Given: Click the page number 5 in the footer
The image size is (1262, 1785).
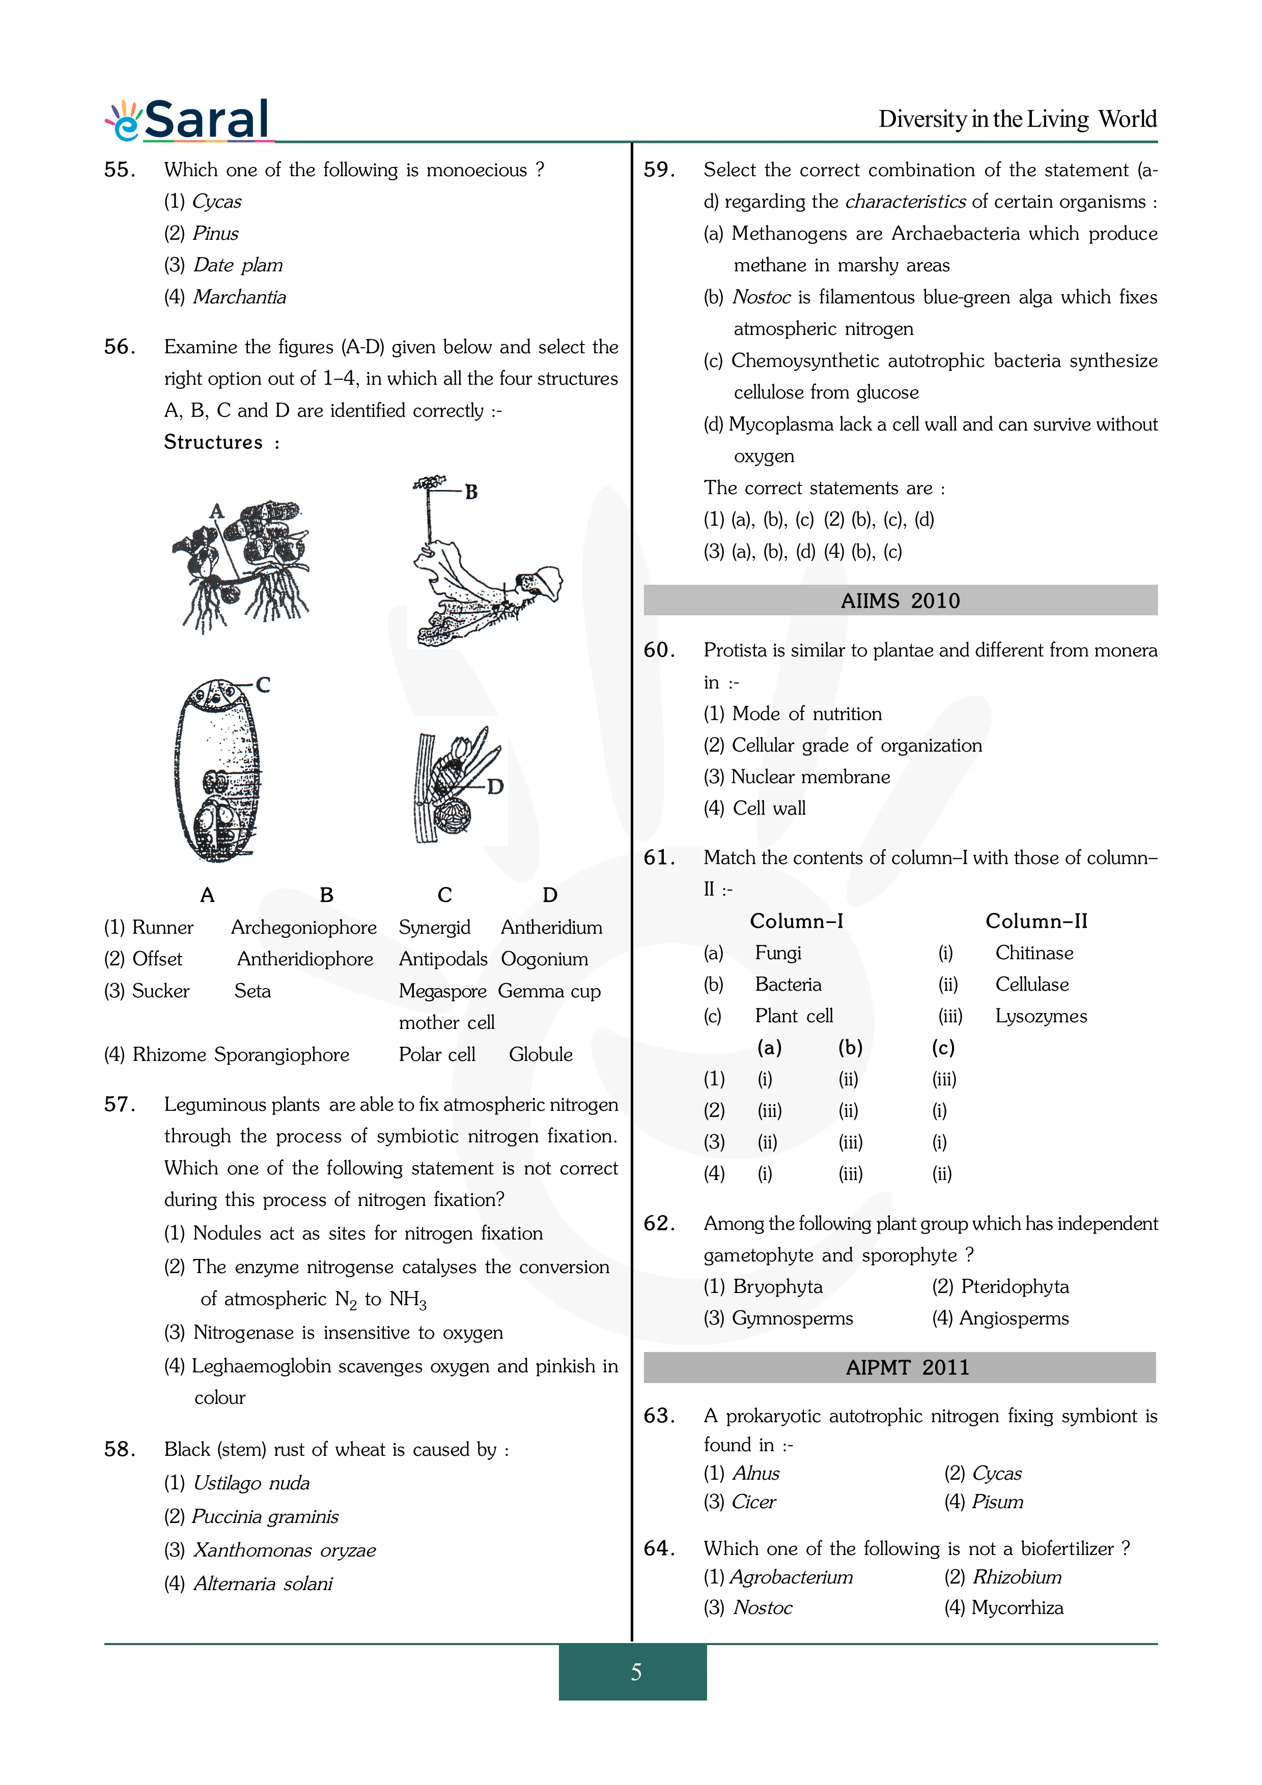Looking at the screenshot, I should [635, 1672].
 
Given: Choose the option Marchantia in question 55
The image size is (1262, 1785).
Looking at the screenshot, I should [239, 297].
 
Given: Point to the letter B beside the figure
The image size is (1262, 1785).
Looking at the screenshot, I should [471, 492].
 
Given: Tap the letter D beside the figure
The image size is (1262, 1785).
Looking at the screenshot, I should [495, 787].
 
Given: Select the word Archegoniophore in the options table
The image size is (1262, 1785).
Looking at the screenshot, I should [303, 928].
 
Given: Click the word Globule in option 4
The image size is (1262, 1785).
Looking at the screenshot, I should [541, 1055].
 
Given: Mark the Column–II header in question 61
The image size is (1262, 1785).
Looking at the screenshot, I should [1036, 922].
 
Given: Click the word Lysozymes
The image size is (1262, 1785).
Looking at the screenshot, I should [1041, 1016].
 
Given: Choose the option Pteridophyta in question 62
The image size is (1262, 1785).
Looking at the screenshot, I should [1014, 1287].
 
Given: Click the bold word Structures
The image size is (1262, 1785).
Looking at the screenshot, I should [213, 442].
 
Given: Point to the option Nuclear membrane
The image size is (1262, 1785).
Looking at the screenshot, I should [810, 776].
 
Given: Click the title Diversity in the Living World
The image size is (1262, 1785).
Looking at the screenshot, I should [1017, 119].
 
